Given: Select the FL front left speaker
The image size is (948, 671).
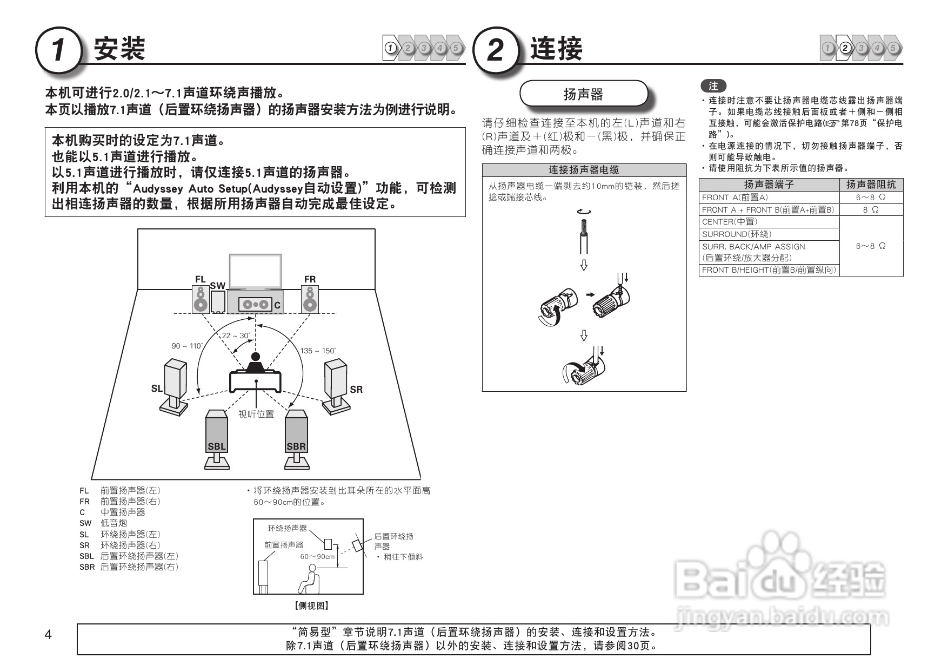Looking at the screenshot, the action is pos(201,299).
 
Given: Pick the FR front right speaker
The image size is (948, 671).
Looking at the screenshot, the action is pos(310,299).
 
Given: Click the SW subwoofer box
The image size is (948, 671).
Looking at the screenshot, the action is pos(218,302).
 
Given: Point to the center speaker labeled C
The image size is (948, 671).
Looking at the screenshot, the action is pos(255,304).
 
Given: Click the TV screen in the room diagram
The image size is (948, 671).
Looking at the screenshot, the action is pos(255,272).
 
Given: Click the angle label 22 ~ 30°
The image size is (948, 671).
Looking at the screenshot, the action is pos(236,336).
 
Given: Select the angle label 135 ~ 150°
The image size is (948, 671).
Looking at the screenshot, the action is pos(318,351).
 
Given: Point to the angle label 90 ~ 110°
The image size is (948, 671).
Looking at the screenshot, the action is pos(187,346).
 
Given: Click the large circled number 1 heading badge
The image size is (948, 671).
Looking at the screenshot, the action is pos(58,50).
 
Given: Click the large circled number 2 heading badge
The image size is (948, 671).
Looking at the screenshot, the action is pos(495,50).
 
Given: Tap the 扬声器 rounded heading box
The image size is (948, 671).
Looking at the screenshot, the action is pos(583,94).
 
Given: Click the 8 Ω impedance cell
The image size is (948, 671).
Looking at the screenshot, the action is pos(870,210).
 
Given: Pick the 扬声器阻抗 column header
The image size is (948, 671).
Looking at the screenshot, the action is pos(870,185).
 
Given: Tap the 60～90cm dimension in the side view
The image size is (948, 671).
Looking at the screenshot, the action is pos(317,556).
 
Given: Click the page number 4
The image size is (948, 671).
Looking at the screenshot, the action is pos(48,635).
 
